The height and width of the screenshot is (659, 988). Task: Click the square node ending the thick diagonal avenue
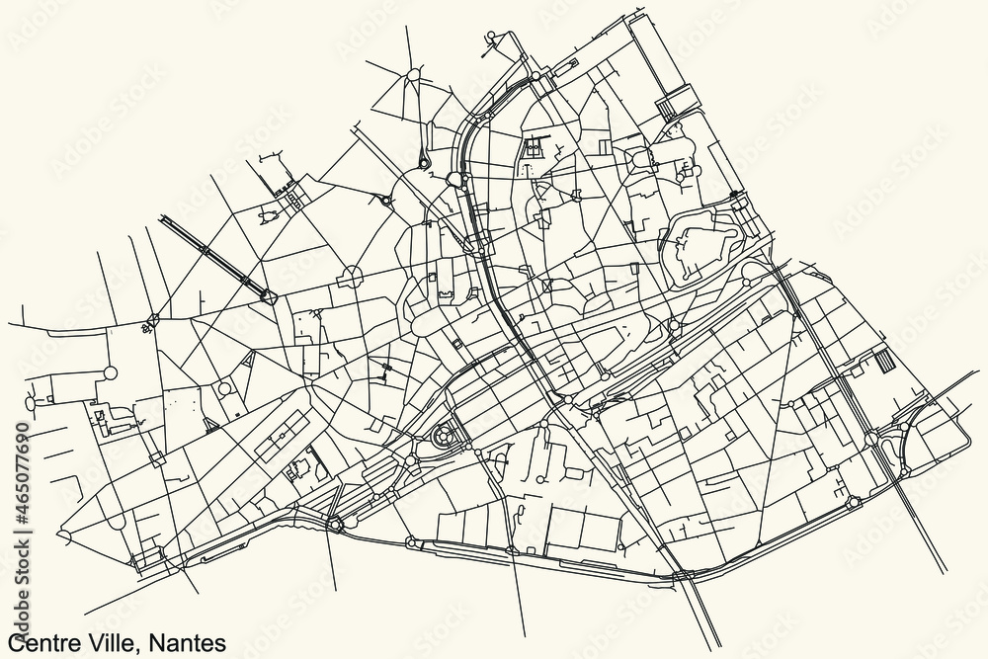pyautogui.click(x=267, y=293)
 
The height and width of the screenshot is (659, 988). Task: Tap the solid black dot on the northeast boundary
pyautogui.click(x=733, y=195)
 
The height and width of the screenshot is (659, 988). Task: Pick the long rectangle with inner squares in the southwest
pyautogui.click(x=282, y=435)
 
